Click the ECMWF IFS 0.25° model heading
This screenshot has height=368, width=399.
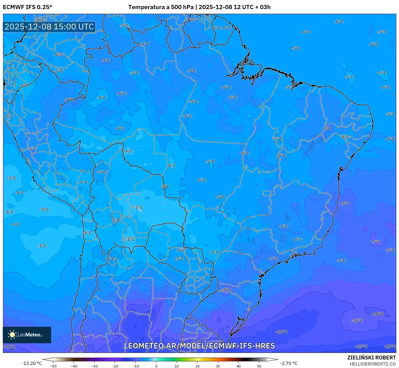pyautogui.click(x=27, y=7)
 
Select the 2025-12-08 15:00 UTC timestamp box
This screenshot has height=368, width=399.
pyautogui.click(x=49, y=27)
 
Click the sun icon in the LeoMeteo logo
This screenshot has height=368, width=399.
pyautogui.click(x=12, y=334)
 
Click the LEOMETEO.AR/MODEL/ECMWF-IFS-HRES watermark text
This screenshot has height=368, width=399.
pyautogui.click(x=199, y=346)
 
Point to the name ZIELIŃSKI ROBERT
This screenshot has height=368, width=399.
pyautogui.click(x=372, y=358)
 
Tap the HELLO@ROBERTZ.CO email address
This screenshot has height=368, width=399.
pyautogui.click(x=373, y=364)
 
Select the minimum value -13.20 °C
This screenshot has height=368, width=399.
pyautogui.click(x=32, y=363)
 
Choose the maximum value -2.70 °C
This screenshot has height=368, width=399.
pyautogui.click(x=289, y=363)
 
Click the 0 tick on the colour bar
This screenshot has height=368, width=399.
pyautogui.click(x=156, y=366)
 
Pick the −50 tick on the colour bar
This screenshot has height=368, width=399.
pyautogui.click(x=53, y=366)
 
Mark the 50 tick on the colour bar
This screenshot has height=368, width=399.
pyautogui.click(x=259, y=366)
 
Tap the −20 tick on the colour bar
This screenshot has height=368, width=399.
pyautogui.click(x=115, y=366)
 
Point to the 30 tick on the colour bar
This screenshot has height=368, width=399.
pyautogui.click(x=218, y=366)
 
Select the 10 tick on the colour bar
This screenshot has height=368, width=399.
pyautogui.click(x=177, y=366)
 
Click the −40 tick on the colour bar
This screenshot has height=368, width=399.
pyautogui.click(x=74, y=366)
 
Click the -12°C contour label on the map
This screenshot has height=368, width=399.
pyautogui.click(x=281, y=332)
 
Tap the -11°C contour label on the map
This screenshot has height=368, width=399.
pyautogui.click(x=10, y=346)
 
